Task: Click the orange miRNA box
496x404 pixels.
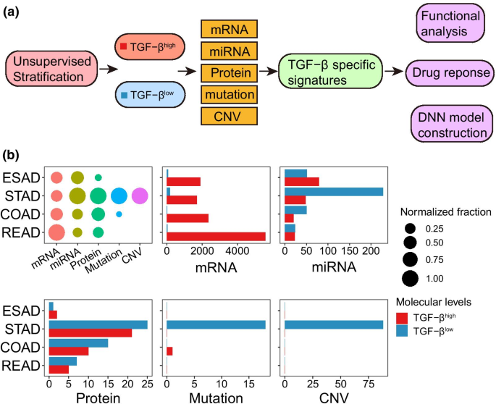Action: pos(228,51)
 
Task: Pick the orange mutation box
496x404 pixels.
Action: pos(228,94)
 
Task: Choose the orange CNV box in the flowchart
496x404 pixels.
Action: pos(228,115)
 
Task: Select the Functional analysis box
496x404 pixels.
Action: pos(450,22)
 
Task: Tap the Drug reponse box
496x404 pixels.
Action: pos(450,73)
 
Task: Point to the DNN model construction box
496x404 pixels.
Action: pos(450,123)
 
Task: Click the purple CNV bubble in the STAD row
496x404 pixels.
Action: pos(140,195)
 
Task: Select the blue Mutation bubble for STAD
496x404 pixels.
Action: pos(119,195)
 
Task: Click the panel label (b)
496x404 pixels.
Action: pos(12,154)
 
